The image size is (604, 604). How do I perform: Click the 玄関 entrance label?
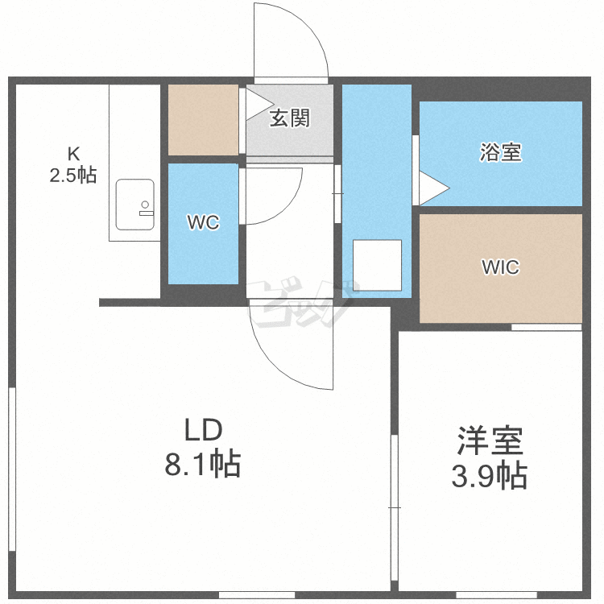point(289,118)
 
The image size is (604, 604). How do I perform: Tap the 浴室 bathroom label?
point(500,151)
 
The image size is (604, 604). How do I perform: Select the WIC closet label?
point(500,267)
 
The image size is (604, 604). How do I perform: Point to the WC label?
point(203,223)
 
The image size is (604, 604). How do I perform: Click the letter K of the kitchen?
point(73,153)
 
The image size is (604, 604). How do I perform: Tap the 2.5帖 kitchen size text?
point(73,175)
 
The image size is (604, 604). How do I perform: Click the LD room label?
point(203,431)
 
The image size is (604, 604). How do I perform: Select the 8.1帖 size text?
point(203,464)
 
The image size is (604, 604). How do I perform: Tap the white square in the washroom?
point(377,263)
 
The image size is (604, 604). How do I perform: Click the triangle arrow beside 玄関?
point(257,101)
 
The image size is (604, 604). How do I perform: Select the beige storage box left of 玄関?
point(203,120)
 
